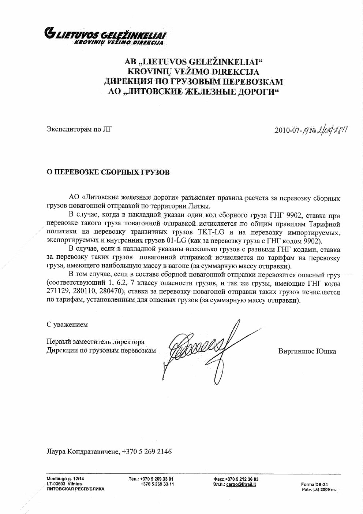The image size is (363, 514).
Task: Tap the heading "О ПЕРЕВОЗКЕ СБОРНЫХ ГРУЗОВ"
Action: [108, 172]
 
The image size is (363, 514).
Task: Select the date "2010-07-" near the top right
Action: [288, 131]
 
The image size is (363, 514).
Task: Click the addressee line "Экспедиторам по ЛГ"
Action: [79, 129]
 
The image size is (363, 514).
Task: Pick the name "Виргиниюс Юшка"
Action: [307, 351]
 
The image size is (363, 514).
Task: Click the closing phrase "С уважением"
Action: [67, 325]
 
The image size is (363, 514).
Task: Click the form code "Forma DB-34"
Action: [314, 484]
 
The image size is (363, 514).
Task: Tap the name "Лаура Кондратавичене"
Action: [82, 451]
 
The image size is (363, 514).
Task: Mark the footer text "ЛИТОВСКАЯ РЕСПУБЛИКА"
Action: [75, 489]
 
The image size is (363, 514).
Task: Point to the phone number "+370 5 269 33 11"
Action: [157, 484]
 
